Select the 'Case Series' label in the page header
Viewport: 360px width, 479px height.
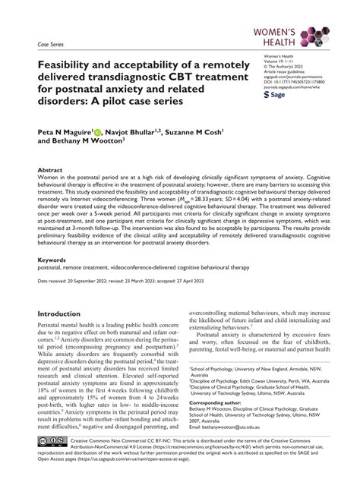[x=53, y=45]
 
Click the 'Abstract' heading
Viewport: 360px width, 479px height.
[x=50, y=171]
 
